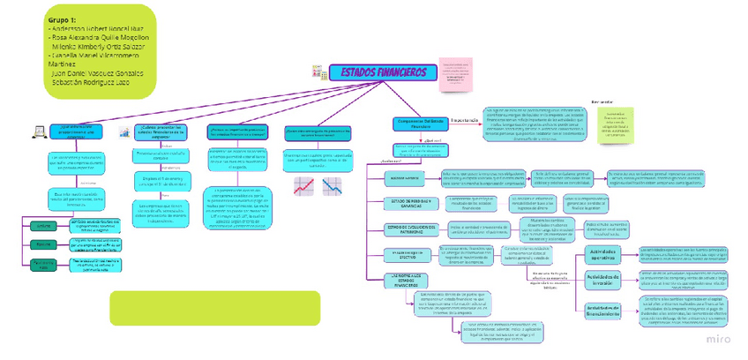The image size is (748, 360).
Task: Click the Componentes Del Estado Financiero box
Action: click(420, 124)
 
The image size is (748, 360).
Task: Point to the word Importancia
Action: click(465, 120)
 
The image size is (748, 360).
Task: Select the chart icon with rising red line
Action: click(304, 185)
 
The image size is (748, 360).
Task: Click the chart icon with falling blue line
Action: click(333, 185)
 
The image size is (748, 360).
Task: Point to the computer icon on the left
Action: click(38, 131)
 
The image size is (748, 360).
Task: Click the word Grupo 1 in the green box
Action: click(62, 19)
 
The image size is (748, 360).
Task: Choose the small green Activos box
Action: click(44, 226)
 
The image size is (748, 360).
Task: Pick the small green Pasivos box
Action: click(44, 244)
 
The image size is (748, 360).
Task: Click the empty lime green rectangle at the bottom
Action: click(214, 308)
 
